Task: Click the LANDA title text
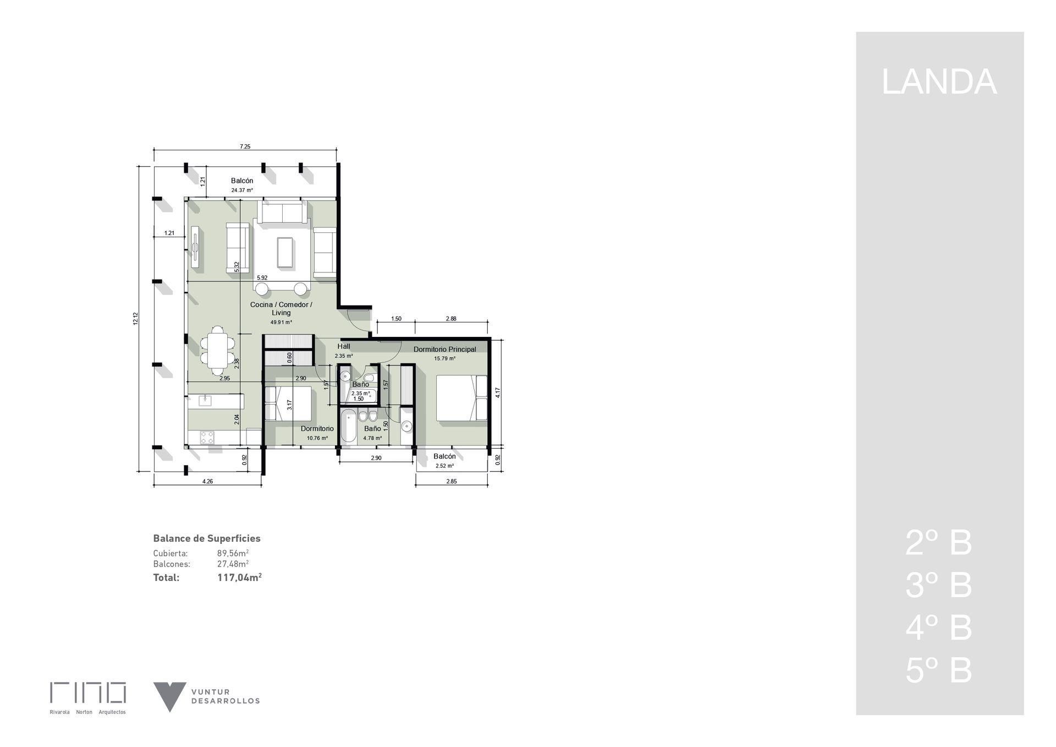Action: [939, 82]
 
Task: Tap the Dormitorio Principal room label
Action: [445, 349]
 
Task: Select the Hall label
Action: [344, 346]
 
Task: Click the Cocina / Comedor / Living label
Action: [281, 309]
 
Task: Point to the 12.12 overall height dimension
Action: [136, 318]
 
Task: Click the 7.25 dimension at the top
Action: [245, 146]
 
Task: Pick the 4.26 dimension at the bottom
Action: [207, 481]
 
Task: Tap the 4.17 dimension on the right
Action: [498, 392]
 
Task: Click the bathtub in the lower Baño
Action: [348, 426]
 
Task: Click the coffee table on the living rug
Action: [285, 252]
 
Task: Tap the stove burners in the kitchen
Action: [207, 438]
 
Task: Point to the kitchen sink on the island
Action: [205, 400]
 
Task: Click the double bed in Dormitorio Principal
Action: [462, 398]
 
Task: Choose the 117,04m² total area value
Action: [239, 577]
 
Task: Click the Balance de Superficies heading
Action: [207, 538]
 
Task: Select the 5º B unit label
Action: [939, 670]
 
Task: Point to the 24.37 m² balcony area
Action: [242, 190]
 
